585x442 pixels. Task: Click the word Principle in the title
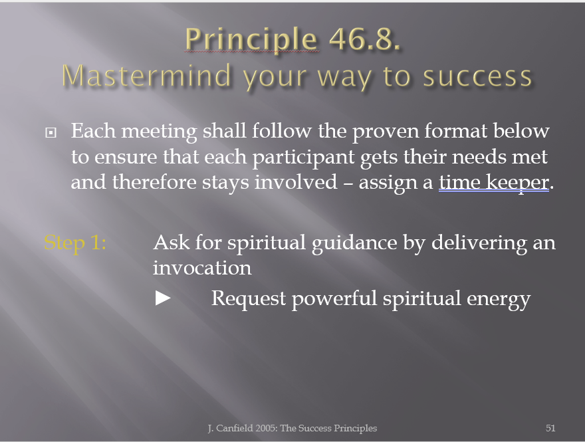pyautogui.click(x=251, y=39)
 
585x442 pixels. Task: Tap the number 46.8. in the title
pyautogui.click(x=364, y=39)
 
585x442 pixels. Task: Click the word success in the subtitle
pyautogui.click(x=477, y=77)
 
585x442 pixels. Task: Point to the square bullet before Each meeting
pyautogui.click(x=51, y=132)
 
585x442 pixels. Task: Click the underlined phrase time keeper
pyautogui.click(x=494, y=182)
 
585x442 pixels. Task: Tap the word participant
pyautogui.click(x=303, y=158)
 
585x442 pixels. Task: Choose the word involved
pyautogui.click(x=296, y=182)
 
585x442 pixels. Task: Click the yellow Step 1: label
pyautogui.click(x=75, y=243)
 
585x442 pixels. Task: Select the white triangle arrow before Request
pyautogui.click(x=163, y=298)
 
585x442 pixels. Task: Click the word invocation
pyautogui.click(x=202, y=268)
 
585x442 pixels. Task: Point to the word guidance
pyautogui.click(x=354, y=243)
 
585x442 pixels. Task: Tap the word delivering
pyautogui.click(x=479, y=243)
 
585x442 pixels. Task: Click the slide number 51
pyautogui.click(x=550, y=428)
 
